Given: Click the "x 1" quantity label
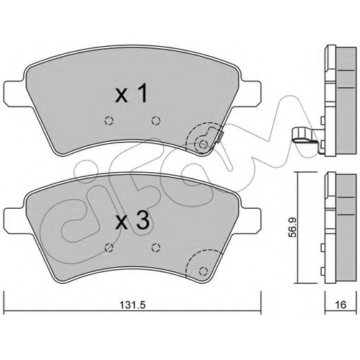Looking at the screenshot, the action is tap(131, 94).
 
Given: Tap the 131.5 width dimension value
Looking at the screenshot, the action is tap(132, 305).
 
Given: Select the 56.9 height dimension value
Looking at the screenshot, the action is tap(292, 228).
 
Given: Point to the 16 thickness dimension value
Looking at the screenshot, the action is tap(341, 305).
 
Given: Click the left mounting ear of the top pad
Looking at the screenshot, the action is tap(15, 93).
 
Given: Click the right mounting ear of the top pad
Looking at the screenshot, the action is tap(250, 93).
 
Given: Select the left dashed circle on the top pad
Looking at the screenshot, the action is tap(109, 120).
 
